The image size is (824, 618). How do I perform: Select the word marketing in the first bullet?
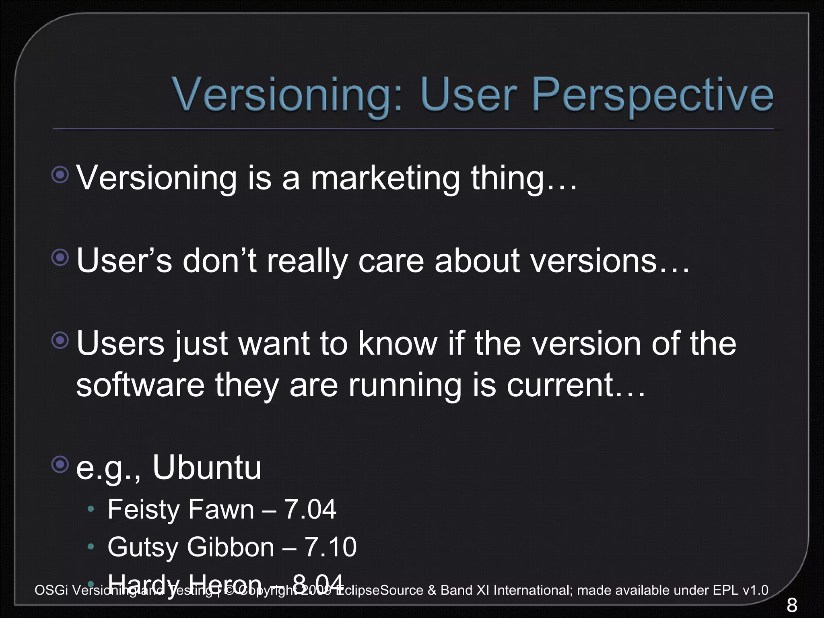point(385,178)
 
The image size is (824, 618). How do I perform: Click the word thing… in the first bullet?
point(524,178)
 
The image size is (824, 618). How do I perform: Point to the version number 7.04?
point(310,509)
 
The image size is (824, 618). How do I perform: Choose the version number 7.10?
point(330,547)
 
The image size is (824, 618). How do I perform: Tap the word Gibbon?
point(231,547)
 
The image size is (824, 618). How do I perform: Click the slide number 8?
point(791,605)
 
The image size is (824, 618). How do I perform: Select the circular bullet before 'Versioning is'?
point(60,175)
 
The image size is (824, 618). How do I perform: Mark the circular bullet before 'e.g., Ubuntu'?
point(60,465)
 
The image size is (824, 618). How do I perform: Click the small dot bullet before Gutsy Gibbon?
point(91,547)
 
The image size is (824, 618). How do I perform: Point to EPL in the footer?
point(725,590)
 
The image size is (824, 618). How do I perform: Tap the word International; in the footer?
point(533,590)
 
